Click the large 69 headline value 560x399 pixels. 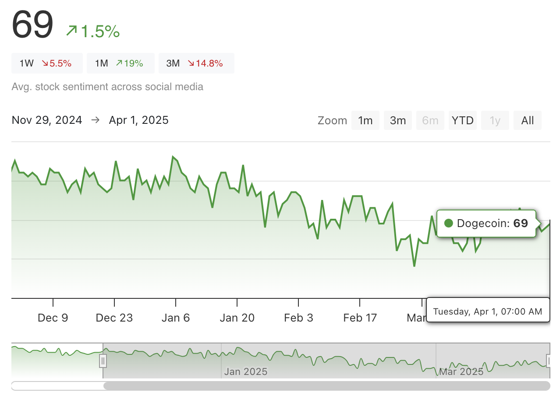click(x=32, y=24)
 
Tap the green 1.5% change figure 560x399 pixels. click(x=93, y=31)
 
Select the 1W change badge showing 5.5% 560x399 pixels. click(x=47, y=63)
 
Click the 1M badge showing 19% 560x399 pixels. click(x=121, y=63)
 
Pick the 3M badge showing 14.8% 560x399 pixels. click(x=196, y=63)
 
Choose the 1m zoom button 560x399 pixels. click(x=365, y=120)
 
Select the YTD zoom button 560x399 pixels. click(x=462, y=120)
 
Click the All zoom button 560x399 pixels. click(x=528, y=120)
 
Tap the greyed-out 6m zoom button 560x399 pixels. click(x=430, y=120)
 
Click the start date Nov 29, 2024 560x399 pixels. click(x=47, y=120)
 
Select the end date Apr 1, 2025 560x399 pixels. click(x=138, y=120)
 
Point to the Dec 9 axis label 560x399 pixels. click(x=53, y=318)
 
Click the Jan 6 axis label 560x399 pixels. click(x=176, y=318)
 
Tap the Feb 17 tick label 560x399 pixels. click(x=360, y=318)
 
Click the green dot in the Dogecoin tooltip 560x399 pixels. click(x=448, y=224)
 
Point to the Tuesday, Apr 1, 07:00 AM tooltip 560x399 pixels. click(x=488, y=311)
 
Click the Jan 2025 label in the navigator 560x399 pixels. click(x=245, y=372)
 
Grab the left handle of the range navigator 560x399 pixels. click(x=103, y=360)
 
